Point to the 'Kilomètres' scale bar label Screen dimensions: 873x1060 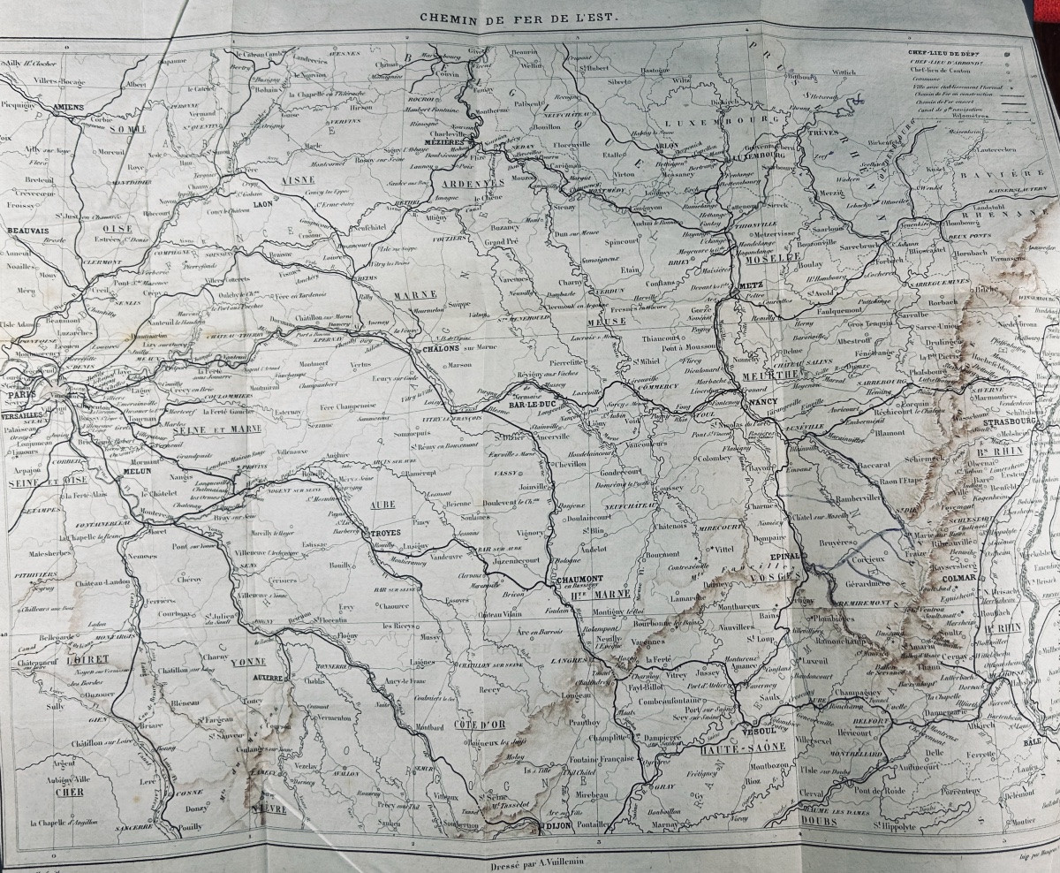pos(944,115)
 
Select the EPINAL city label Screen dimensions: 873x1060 pos(785,557)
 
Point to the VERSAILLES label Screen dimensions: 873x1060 pos(23,414)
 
